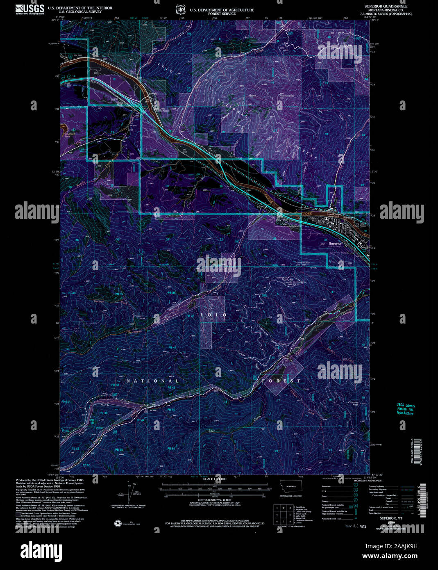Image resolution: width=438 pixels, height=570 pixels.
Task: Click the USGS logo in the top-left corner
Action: (30, 9)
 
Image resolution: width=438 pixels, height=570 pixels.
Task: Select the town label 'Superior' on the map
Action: (335, 243)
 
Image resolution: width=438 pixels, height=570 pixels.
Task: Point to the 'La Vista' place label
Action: (153, 93)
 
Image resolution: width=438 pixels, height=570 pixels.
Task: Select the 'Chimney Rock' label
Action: (353, 404)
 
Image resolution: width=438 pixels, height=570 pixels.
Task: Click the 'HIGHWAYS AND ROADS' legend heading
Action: (367, 480)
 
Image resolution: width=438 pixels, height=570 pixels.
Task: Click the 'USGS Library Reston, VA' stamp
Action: (405, 409)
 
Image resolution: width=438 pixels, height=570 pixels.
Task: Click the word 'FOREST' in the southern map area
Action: (282, 381)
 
